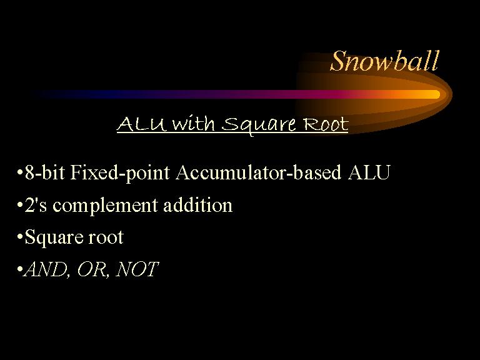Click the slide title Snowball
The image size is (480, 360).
384,61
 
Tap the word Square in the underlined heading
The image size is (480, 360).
259,125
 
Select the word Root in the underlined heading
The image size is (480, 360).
326,124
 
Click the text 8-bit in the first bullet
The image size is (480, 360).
45,172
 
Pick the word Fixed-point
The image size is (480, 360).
120,173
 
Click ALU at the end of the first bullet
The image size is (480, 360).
369,172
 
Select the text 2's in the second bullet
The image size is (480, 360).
36,205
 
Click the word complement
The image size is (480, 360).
105,206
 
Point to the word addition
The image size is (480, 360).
198,204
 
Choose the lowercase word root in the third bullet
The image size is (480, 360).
106,237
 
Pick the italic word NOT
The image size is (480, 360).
137,269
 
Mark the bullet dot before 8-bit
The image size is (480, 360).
20,172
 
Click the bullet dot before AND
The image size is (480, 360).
20,269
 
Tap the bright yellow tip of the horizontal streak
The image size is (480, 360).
435,94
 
